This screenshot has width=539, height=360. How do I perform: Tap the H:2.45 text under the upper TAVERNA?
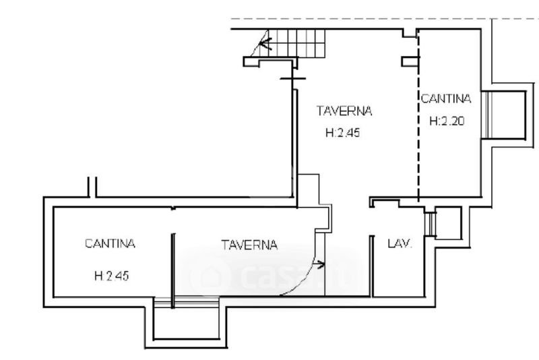tap(343, 133)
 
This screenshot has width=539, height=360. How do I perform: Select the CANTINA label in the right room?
tap(446, 99)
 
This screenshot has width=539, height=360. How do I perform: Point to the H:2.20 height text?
tap(446, 121)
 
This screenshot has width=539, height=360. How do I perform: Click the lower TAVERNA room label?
tap(249, 245)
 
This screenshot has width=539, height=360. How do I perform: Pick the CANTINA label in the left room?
tap(110, 243)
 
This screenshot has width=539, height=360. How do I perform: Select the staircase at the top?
tap(290, 44)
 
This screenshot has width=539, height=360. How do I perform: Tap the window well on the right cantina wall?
tap(505, 114)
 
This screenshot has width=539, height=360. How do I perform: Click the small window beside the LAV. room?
tap(430, 224)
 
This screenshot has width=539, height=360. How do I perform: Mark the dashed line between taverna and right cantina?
tap(418, 115)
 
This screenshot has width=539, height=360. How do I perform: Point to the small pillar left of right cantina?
tap(410, 62)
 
